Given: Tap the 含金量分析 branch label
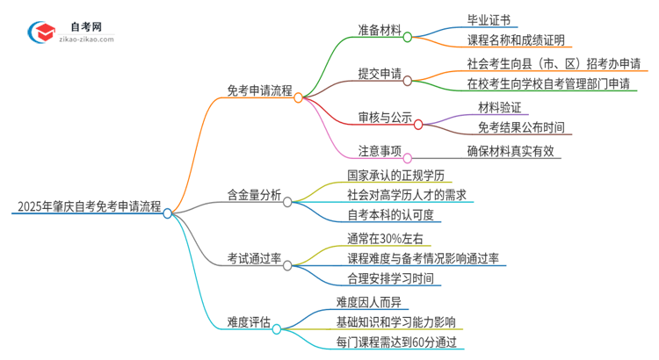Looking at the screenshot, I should pos(254,196).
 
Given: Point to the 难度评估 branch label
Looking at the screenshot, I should pos(249,321).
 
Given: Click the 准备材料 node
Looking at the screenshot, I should pos(373,29).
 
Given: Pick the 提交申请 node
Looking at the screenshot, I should pos(373,73).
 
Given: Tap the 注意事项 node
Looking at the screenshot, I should pos(373,150).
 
